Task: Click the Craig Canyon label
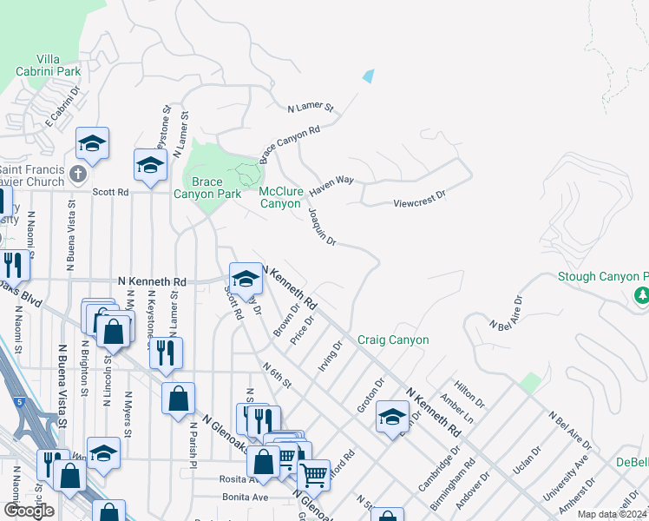pos(393,340)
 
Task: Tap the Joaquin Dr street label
pos(322,224)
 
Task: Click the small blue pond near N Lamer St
pos(369,76)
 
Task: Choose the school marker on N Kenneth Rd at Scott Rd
pos(246,278)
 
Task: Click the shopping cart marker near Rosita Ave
pos(313,474)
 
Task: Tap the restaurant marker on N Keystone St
pos(161,351)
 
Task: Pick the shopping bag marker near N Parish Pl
pos(178,398)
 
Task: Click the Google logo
pos(29,511)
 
